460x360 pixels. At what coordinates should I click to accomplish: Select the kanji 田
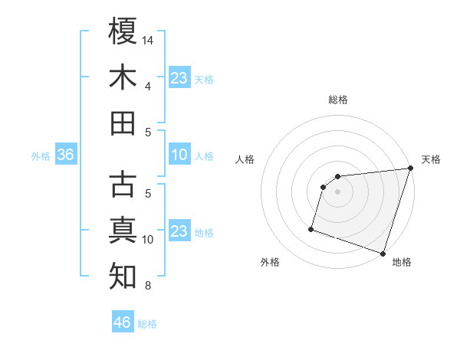pos(123,123)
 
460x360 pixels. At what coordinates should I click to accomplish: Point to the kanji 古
pos(123,185)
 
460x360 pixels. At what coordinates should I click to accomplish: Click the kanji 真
pos(123,231)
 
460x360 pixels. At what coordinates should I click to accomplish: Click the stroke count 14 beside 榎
pos(149,39)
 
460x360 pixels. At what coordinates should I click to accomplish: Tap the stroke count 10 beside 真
pos(149,240)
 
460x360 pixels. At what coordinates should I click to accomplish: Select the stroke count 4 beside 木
pos(147,87)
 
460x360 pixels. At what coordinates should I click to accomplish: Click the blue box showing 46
pos(122,322)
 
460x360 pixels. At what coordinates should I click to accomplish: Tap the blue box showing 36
pos(65,155)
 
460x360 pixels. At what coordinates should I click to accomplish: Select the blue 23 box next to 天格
pos(179,77)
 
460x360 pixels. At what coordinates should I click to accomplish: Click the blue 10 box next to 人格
pos(179,155)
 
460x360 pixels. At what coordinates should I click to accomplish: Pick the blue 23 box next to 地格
pos(179,231)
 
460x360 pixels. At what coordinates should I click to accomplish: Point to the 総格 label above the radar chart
pos(337,100)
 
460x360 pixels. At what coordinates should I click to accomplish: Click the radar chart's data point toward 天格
pos(410,169)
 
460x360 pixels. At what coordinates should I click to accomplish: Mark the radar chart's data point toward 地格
pos(383,253)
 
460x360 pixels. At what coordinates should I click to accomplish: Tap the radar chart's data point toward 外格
pos(311,228)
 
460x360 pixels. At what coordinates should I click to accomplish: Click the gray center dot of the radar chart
pos(337,192)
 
